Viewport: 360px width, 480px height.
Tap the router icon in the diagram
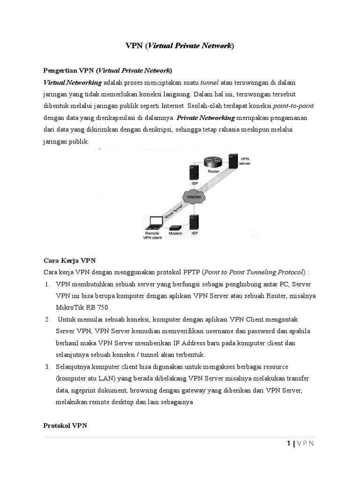pos(213,162)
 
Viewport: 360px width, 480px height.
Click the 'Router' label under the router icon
pos(214,172)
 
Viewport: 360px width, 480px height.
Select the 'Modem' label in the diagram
pos(175,233)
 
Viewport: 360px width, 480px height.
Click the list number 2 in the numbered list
pos(48,319)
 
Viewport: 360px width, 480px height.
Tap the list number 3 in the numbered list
pos(48,366)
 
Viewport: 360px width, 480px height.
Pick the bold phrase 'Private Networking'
pos(206,118)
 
